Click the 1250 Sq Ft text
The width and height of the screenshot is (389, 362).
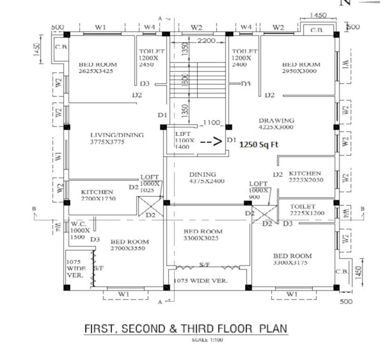point(259,145)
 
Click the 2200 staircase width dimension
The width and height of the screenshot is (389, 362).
point(206,41)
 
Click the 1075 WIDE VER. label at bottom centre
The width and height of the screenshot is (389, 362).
point(201,280)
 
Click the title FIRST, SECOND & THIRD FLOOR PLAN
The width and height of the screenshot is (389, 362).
point(185,329)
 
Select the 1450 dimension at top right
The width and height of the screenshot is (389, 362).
point(318,16)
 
